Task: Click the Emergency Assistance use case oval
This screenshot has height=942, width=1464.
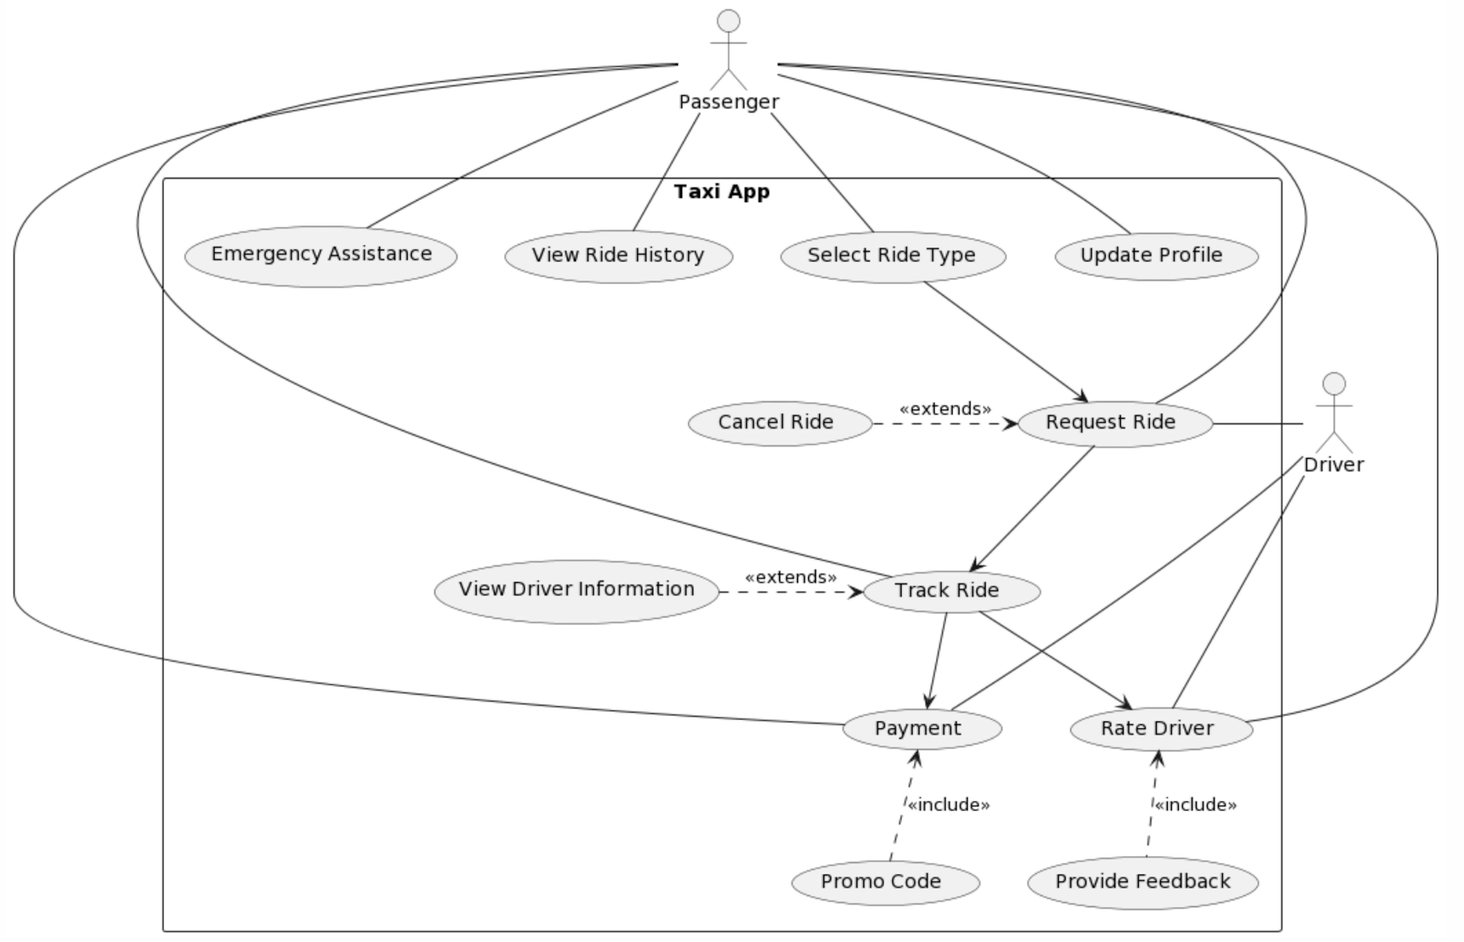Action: pyautogui.click(x=321, y=256)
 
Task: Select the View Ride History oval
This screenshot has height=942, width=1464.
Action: pyautogui.click(x=618, y=256)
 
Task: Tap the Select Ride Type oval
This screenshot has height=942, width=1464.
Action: pyautogui.click(x=893, y=256)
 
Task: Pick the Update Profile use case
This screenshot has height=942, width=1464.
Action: pyautogui.click(x=1156, y=256)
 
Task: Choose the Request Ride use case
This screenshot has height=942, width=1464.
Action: pyautogui.click(x=1115, y=423)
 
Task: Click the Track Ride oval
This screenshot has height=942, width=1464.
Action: pyautogui.click(x=951, y=592)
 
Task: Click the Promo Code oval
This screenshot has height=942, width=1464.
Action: pyautogui.click(x=885, y=882)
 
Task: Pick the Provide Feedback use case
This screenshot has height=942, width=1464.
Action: pyautogui.click(x=1142, y=882)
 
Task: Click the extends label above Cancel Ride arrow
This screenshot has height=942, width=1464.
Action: pyautogui.click(x=945, y=409)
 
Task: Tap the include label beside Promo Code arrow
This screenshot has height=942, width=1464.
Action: pyautogui.click(x=948, y=805)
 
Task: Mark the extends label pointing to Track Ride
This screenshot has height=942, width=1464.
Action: pyautogui.click(x=790, y=577)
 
